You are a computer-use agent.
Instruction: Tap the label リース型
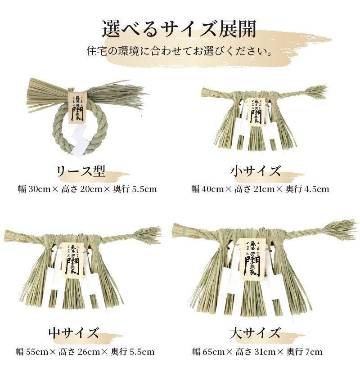pyautogui.click(x=80, y=171)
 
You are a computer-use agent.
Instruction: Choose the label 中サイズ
pyautogui.click(x=73, y=334)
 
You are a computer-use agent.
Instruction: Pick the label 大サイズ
pyautogui.click(x=255, y=334)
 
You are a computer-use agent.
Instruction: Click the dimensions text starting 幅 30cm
pyautogui.click(x=86, y=189)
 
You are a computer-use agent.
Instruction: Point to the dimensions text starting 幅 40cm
pyautogui.click(x=260, y=189)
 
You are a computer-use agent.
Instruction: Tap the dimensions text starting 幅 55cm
pyautogui.click(x=85, y=352)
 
